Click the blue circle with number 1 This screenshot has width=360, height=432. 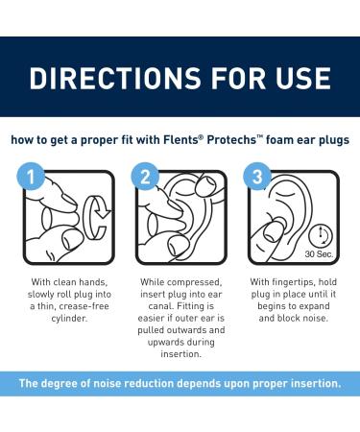pos(32,175)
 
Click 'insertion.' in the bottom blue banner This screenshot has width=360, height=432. pos(307,384)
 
